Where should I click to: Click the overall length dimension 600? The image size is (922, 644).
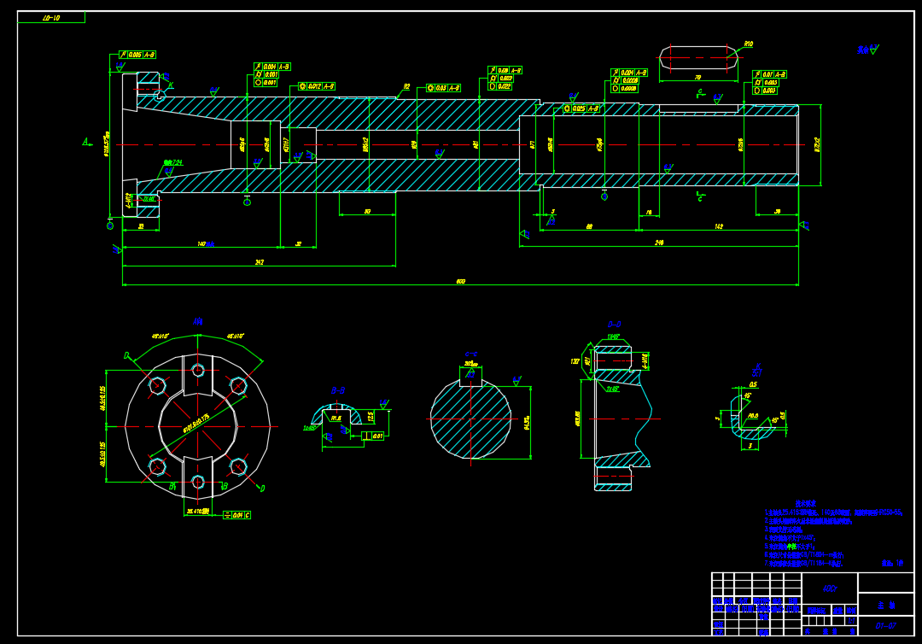(461, 281)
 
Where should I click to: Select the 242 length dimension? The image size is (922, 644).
(260, 262)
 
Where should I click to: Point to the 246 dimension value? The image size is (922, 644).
(659, 243)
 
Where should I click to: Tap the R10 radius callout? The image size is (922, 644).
(748, 44)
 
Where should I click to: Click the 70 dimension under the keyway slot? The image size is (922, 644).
(698, 78)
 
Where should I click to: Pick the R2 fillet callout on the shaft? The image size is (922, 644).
(406, 86)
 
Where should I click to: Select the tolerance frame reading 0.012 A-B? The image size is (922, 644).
(316, 86)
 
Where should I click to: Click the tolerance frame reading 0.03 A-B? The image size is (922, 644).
(443, 87)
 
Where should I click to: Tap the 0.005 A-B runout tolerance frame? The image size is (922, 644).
(137, 55)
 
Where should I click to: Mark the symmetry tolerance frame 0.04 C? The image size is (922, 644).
(236, 515)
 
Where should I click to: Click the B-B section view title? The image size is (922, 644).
(338, 391)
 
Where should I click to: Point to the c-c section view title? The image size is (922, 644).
(470, 354)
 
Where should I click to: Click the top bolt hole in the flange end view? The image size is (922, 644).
(198, 370)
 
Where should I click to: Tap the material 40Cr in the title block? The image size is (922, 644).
(829, 588)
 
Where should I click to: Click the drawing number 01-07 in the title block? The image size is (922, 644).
(884, 626)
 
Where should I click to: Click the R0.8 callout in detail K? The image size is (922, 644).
(753, 416)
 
